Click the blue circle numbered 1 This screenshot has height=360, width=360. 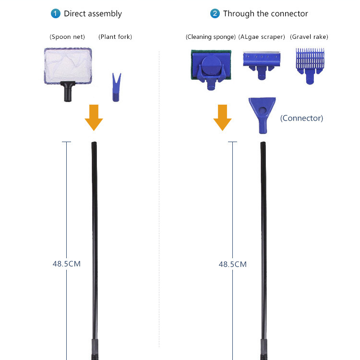tap(56, 13)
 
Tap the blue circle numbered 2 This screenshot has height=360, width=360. tap(215, 13)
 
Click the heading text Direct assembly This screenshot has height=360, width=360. tap(93, 13)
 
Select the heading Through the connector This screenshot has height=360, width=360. tap(265, 13)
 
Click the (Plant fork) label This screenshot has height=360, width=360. tap(115, 37)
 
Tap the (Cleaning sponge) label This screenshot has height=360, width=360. tap(210, 37)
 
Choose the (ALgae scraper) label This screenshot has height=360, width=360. tap(262, 37)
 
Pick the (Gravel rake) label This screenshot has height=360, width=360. tap(309, 37)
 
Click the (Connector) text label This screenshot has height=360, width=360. tap(301, 118)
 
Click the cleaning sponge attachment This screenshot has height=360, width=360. tap(211, 67)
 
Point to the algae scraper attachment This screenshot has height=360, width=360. tap(262, 64)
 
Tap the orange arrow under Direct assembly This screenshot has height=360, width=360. tap(94, 118)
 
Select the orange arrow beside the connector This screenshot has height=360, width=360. tap(222, 118)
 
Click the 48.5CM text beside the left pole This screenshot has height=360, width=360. tap(66, 264)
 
